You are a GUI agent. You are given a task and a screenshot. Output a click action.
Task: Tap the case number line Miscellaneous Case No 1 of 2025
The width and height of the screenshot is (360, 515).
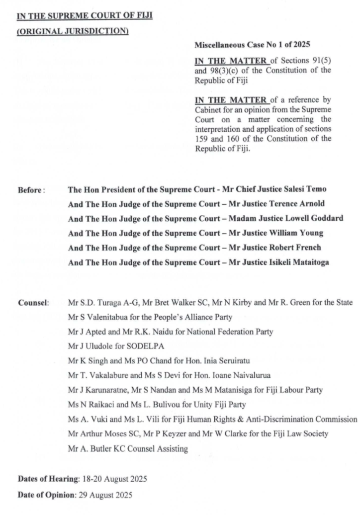[253, 45]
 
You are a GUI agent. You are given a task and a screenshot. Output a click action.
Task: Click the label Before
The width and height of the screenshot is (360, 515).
[31, 190]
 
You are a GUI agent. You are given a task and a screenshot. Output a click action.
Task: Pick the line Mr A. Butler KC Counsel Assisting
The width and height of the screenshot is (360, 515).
[128, 449]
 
